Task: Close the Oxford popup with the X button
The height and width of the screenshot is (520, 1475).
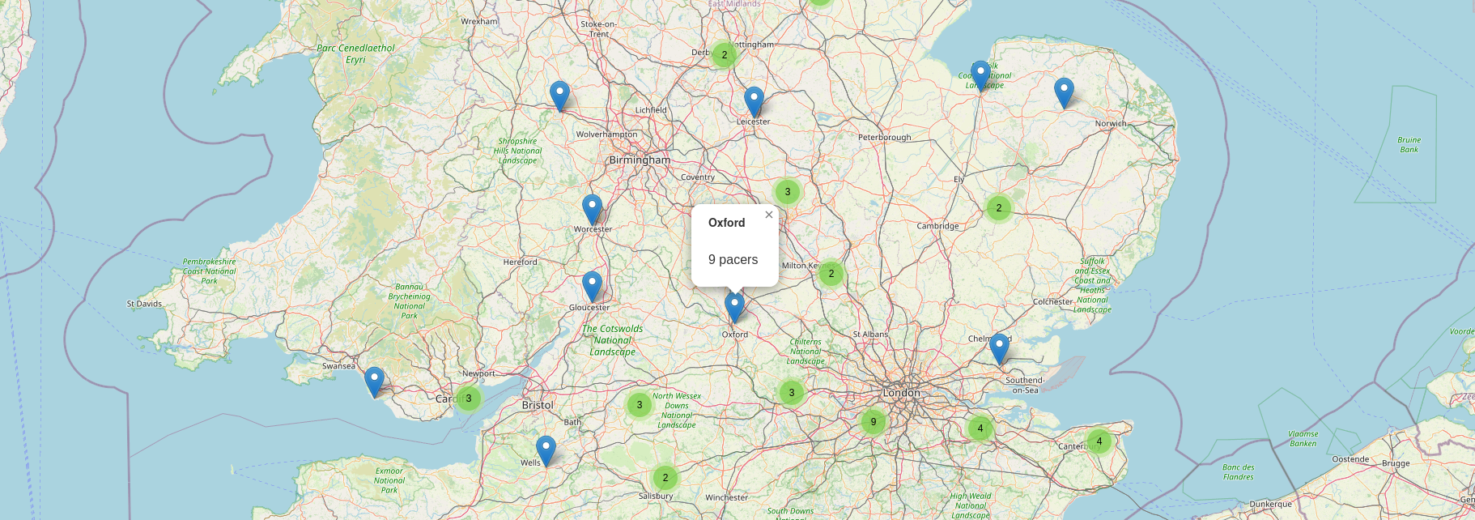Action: click(769, 215)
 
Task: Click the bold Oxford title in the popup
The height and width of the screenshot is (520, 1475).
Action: click(726, 223)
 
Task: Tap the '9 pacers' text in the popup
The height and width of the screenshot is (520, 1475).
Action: click(733, 260)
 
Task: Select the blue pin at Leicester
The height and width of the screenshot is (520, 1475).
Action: click(754, 100)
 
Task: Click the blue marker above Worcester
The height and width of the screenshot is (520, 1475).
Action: click(593, 208)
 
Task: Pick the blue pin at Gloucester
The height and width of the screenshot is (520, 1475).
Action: click(592, 285)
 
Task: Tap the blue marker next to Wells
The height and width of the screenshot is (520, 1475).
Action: click(546, 450)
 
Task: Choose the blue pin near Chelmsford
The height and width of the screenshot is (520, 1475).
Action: click(1000, 347)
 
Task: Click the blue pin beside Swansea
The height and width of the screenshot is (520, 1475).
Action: click(374, 381)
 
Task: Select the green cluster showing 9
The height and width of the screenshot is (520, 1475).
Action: click(873, 421)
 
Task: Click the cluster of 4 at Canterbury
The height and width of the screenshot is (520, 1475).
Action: click(1099, 441)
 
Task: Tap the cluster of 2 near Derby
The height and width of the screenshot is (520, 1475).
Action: click(724, 55)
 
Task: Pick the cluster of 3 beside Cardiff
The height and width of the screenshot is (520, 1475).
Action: click(468, 399)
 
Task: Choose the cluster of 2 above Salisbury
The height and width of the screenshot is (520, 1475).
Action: click(665, 477)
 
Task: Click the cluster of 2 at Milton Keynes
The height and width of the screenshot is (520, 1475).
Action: click(831, 274)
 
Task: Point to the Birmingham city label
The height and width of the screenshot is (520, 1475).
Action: click(640, 160)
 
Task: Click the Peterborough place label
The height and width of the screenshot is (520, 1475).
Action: click(884, 138)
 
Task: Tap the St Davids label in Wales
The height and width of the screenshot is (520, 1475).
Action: click(144, 305)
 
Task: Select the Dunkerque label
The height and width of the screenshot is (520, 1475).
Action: click(1270, 504)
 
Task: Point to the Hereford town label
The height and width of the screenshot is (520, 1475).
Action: click(520, 262)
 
